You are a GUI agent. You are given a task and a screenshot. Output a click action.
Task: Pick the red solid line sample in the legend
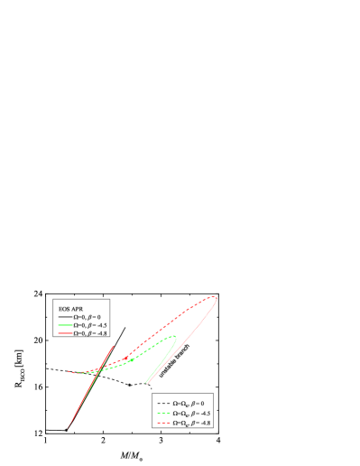click(64, 333)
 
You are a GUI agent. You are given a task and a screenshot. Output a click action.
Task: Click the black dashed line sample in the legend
click(162, 403)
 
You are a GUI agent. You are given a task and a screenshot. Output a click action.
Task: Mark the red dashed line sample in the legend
click(162, 422)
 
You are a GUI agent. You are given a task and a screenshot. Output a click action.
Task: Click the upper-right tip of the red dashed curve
click(217, 297)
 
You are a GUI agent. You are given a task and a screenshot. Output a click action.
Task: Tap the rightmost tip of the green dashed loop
click(177, 338)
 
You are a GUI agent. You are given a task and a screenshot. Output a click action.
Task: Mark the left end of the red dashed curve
click(69, 371)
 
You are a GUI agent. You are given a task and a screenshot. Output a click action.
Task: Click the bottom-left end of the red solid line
click(68, 426)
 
